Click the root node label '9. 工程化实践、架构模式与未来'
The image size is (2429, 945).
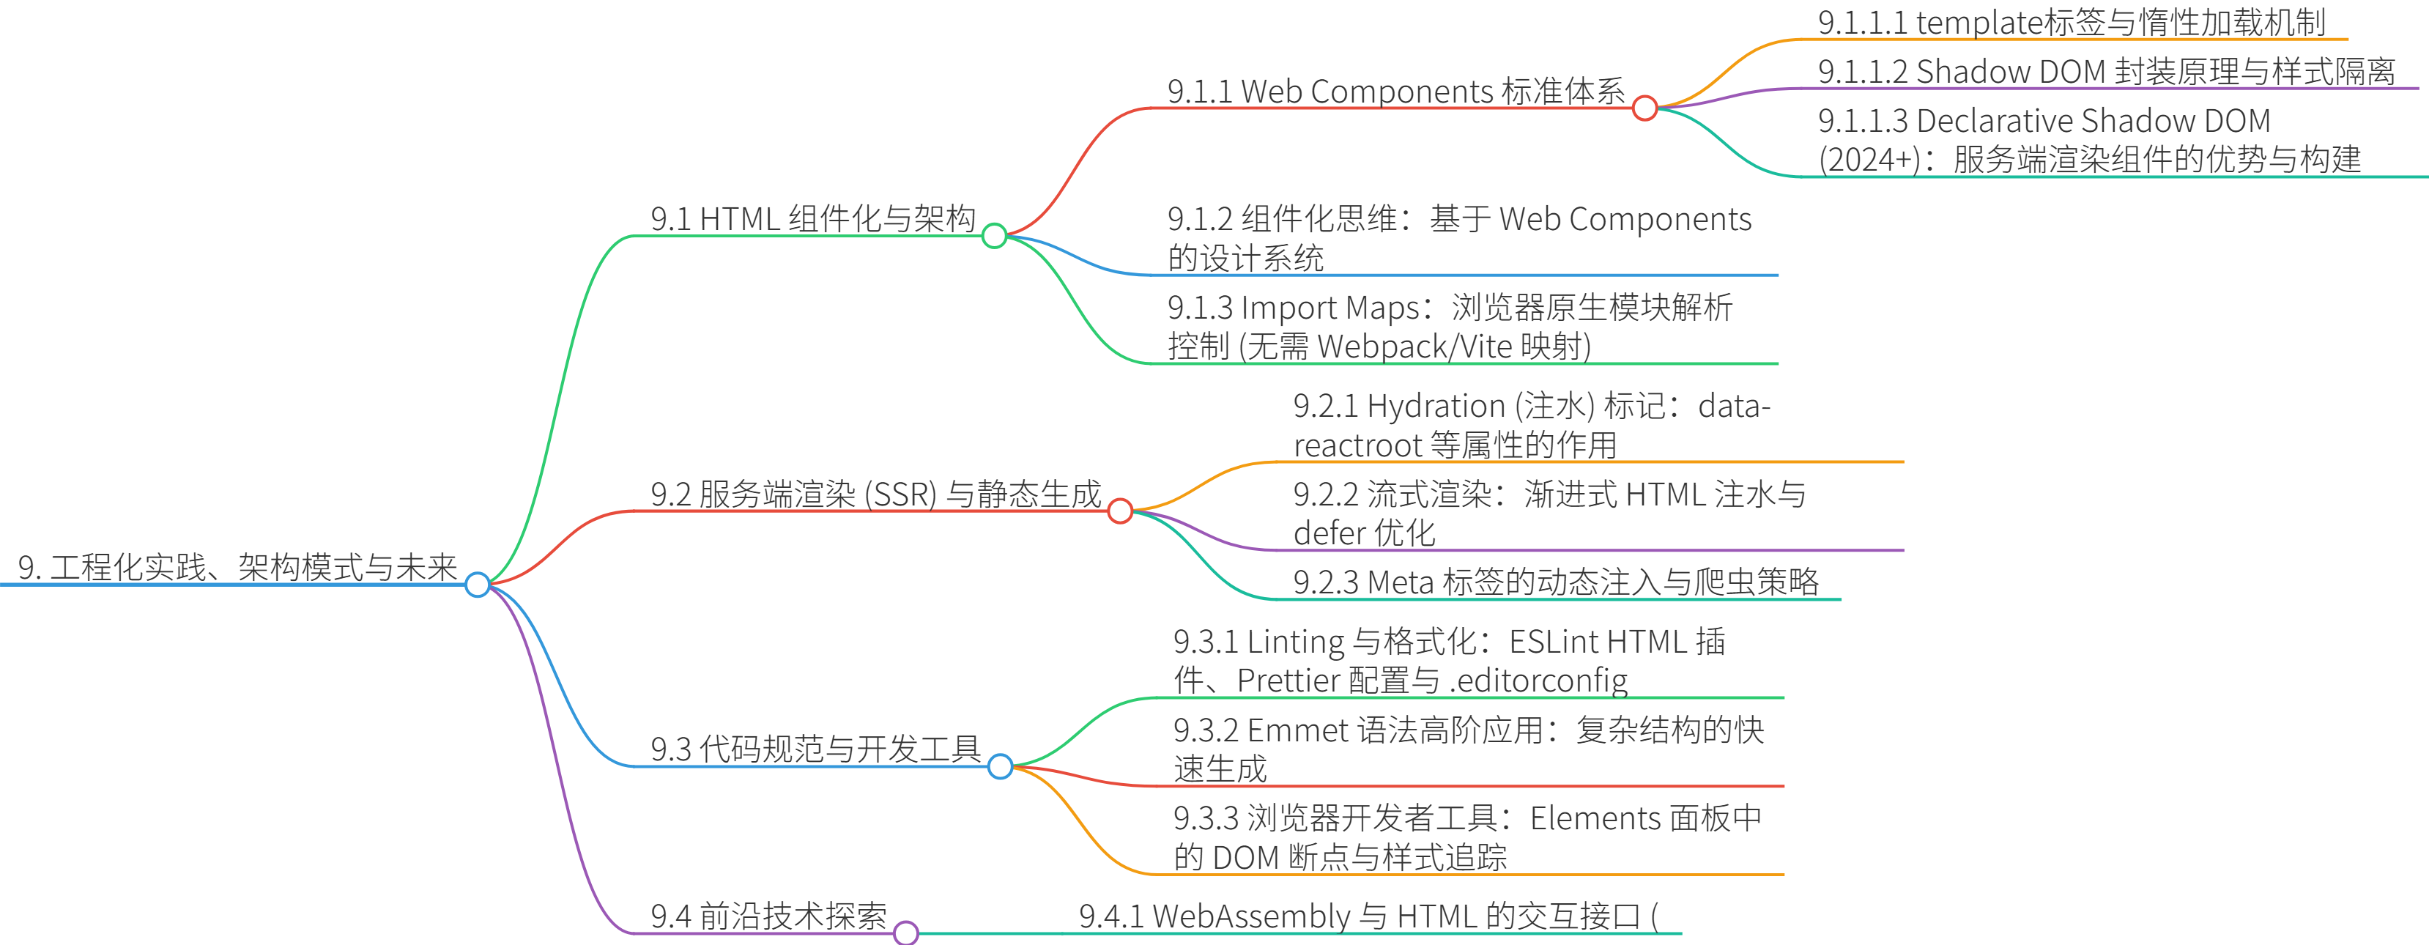pyautogui.click(x=237, y=568)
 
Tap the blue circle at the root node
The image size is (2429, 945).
pyautogui.click(x=477, y=585)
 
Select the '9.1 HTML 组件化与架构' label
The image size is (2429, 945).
pyautogui.click(x=813, y=219)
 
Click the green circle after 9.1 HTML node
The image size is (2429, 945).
pyautogui.click(x=994, y=236)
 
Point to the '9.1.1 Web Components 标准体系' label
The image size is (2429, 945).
pyautogui.click(x=1395, y=92)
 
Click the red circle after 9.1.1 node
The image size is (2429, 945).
pyautogui.click(x=1644, y=108)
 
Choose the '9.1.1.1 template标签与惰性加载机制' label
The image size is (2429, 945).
pyautogui.click(x=2071, y=23)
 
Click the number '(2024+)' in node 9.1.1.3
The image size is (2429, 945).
pyautogui.click(x=1869, y=160)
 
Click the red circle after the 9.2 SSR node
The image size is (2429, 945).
pyautogui.click(x=1119, y=511)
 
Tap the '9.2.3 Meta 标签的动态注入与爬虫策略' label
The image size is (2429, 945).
pyautogui.click(x=1556, y=582)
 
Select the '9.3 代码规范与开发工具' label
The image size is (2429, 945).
pyautogui.click(x=815, y=749)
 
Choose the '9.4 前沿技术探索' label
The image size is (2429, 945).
pyautogui.click(x=768, y=916)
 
